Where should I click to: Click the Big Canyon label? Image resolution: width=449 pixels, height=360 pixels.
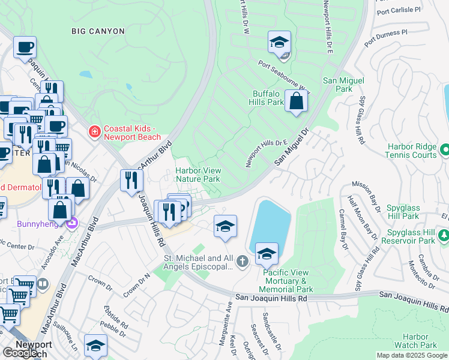coord(98,31)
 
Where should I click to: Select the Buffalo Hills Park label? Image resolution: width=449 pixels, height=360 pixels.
coord(267,98)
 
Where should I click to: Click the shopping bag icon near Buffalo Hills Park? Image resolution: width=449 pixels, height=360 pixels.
coord(296,101)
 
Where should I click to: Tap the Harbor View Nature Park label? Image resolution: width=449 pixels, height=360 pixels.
coord(197,175)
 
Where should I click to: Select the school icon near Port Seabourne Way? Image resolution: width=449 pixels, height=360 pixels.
coord(279,42)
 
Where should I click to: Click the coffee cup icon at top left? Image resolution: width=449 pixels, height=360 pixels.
coord(25,47)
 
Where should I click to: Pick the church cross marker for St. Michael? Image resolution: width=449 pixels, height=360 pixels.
coord(242,260)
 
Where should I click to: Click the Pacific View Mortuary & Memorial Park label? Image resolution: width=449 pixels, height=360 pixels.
coord(289,281)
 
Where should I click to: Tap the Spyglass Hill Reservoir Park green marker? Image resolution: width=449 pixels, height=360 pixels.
coord(444,236)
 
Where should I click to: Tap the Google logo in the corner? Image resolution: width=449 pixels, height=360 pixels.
coord(19,353)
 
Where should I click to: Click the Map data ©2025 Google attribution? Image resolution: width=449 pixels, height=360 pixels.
coord(412,355)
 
